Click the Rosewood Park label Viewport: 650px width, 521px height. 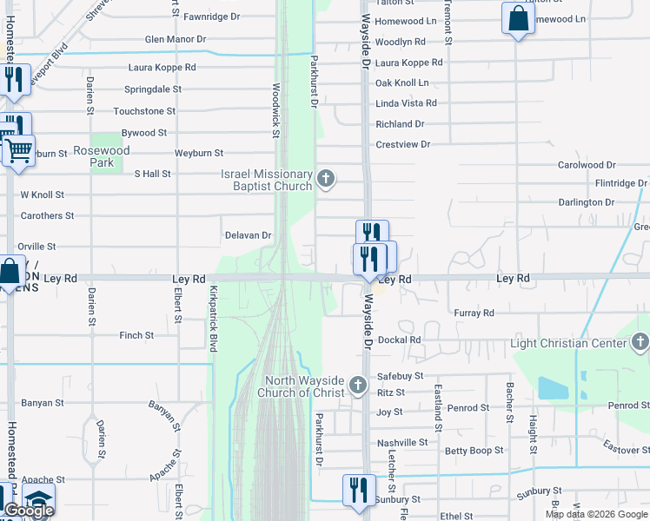(x=101, y=156)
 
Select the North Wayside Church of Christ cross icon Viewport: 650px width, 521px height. (x=357, y=385)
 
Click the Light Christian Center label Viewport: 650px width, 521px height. (x=568, y=344)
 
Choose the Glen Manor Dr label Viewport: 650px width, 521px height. (x=176, y=39)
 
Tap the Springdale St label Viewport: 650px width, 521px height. (x=153, y=89)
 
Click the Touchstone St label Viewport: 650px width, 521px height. (x=144, y=111)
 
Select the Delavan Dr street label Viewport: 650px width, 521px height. (x=249, y=234)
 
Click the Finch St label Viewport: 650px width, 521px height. (x=136, y=335)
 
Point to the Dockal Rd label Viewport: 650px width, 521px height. (x=400, y=340)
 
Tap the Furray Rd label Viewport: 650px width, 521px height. (x=474, y=313)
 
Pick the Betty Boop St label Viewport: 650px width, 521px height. (x=474, y=451)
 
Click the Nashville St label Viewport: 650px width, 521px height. (x=402, y=443)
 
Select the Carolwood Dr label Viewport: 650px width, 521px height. (x=587, y=164)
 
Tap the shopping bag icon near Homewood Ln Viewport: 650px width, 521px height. (x=518, y=18)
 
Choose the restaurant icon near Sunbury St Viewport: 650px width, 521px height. (x=358, y=489)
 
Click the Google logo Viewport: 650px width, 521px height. (x=29, y=511)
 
